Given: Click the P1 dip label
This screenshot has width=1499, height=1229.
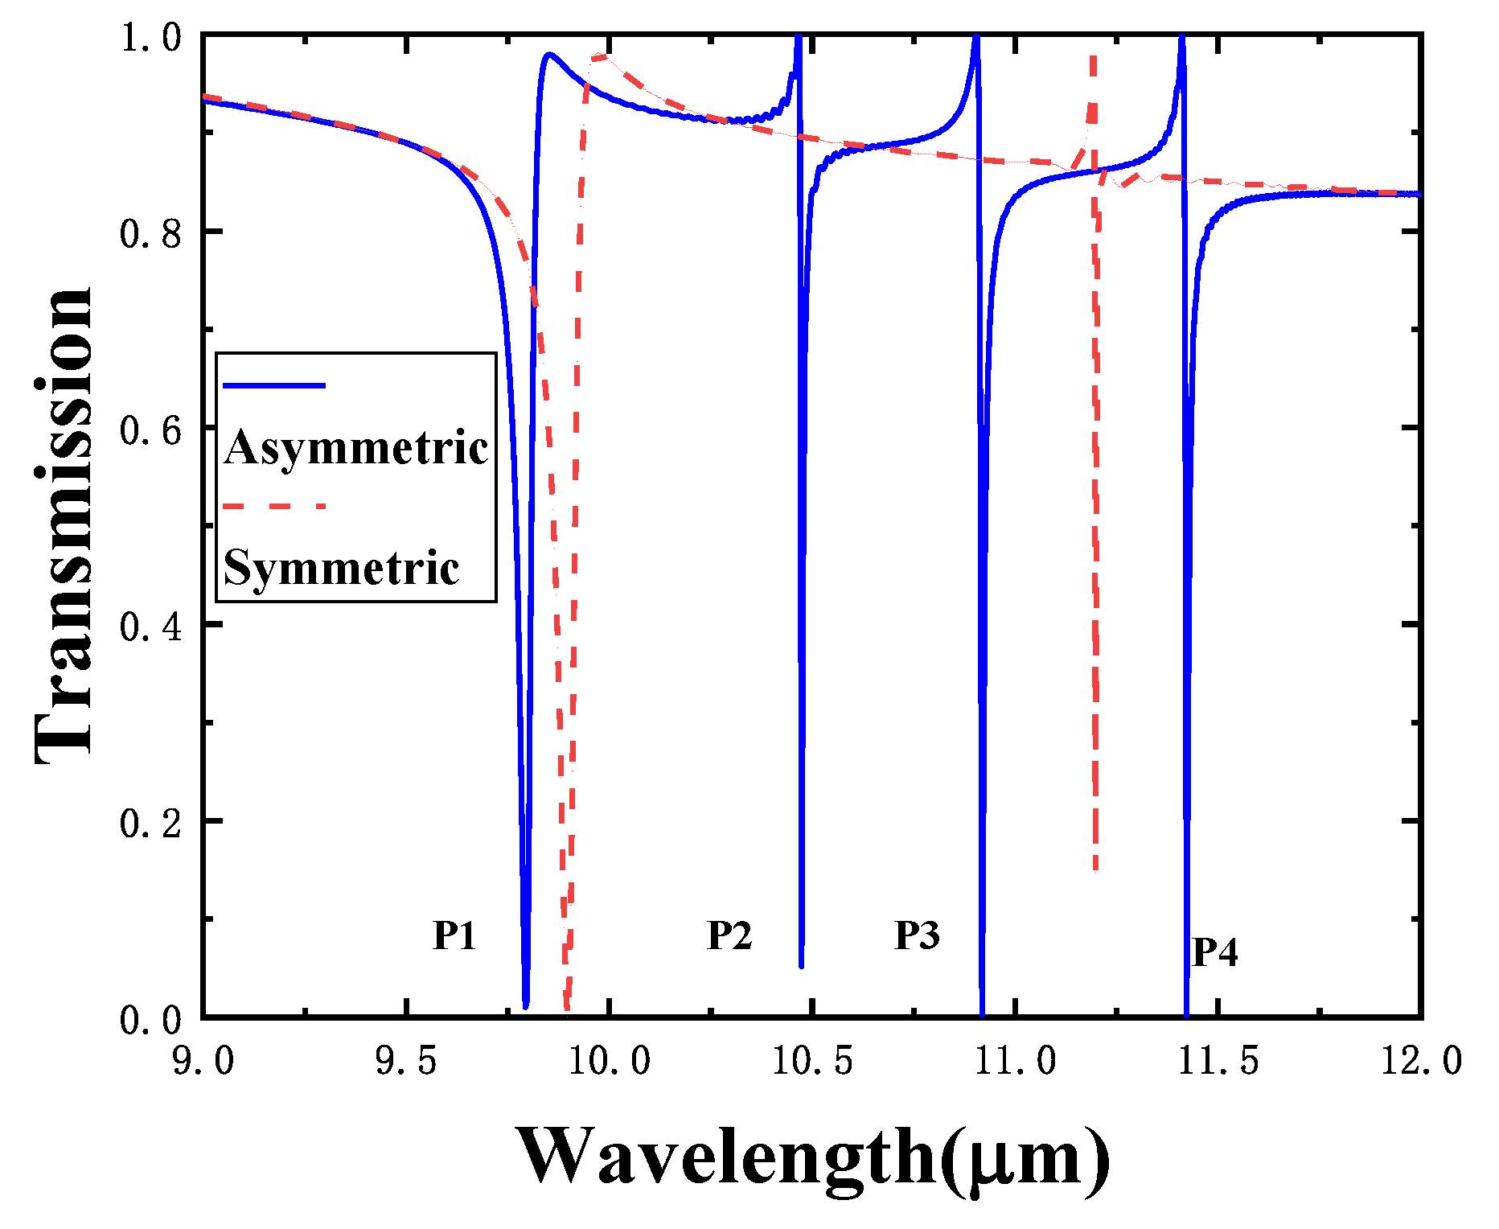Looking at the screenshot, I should tap(454, 935).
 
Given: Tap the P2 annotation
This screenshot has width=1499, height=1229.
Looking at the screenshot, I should tap(729, 935).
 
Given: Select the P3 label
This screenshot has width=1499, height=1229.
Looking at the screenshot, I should tap(917, 935).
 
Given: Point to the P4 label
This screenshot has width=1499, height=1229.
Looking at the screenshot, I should tap(1214, 952).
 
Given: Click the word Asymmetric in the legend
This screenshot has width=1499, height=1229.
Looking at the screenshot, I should tap(356, 447).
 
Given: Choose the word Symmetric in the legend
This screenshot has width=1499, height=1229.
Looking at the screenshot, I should tap(341, 568).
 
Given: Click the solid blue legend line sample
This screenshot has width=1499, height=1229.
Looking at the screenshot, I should tap(274, 386).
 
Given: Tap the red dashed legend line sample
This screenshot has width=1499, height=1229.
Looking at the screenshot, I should tap(274, 507).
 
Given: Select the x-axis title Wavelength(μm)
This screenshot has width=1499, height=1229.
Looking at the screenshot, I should tap(812, 1157).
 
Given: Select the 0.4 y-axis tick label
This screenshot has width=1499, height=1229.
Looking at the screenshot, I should tap(151, 626).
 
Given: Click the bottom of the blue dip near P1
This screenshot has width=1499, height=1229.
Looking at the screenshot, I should tap(526, 1005).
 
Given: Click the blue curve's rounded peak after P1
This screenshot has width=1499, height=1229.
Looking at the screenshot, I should tap(548, 55).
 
